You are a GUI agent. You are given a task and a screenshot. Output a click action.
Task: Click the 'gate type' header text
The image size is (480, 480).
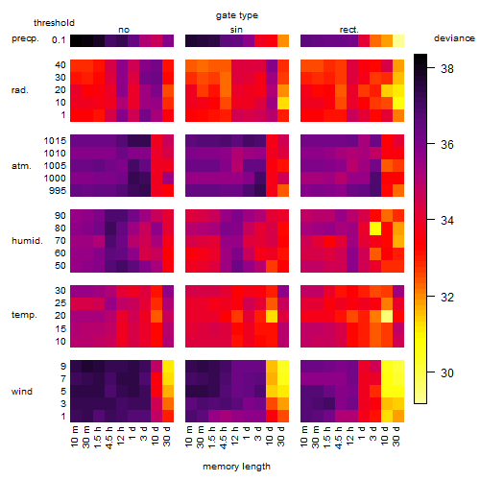coord(237,15)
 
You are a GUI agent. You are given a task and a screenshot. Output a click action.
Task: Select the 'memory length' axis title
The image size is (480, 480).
coord(236,467)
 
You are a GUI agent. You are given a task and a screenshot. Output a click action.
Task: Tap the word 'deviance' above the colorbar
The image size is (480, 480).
coord(454,38)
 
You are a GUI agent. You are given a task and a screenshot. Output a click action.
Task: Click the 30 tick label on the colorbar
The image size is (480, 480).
coord(447,372)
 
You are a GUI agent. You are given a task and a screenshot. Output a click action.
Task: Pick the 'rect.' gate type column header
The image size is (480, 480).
coord(349,30)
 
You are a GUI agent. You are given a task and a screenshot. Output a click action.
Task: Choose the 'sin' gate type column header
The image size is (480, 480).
coord(236,30)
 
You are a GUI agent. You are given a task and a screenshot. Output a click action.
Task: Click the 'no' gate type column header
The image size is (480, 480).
coord(124,30)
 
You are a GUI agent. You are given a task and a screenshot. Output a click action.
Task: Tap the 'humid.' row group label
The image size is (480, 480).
coord(27,241)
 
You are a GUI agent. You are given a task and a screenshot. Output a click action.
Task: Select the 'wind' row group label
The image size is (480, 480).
coord(22,392)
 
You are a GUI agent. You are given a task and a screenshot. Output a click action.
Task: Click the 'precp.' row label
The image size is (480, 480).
coord(25,38)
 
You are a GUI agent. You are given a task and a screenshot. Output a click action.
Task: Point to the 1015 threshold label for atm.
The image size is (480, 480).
coord(55,141)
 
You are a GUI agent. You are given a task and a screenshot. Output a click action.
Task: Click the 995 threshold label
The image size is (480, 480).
coord(58,191)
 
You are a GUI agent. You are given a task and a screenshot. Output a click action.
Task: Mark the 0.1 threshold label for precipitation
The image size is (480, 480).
coord(59,40)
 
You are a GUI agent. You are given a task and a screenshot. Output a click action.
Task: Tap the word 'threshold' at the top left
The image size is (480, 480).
coord(54,23)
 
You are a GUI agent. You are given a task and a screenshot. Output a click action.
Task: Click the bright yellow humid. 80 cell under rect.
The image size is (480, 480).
coord(375,228)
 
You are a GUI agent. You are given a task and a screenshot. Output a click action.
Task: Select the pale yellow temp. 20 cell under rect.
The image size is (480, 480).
coord(387,316)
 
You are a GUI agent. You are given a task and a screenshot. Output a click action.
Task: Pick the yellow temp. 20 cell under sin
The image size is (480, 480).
coord(272,316)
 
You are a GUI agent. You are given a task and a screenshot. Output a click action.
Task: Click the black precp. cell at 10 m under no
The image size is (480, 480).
coord(76,40)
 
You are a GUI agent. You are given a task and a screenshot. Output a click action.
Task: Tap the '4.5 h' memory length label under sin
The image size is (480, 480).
coord(224,438)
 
